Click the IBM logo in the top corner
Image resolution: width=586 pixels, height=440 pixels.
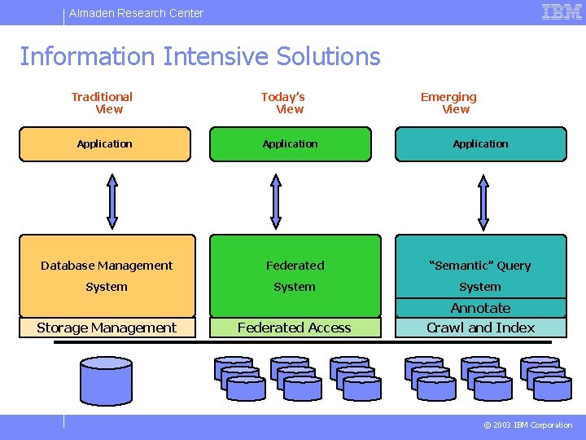click(562, 12)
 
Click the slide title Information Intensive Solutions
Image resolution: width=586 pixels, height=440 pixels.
click(199, 56)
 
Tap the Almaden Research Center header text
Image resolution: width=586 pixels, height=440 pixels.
click(136, 13)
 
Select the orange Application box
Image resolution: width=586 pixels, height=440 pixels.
click(105, 144)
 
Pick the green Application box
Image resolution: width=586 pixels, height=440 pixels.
click(291, 144)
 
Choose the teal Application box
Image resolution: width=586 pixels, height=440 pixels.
click(480, 144)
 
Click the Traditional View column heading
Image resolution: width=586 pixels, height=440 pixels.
click(103, 103)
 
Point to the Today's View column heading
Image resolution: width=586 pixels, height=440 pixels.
click(283, 103)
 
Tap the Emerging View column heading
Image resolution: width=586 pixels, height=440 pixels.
click(449, 103)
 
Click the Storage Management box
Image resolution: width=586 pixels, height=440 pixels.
click(107, 328)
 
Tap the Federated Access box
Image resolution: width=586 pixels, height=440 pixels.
click(295, 328)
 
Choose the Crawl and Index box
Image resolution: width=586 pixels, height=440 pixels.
click(481, 328)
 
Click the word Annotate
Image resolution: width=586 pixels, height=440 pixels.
click(481, 308)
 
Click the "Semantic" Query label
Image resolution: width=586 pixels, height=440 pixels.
click(480, 266)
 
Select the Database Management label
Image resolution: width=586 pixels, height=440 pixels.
click(107, 266)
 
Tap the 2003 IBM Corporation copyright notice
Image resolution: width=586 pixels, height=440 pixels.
click(528, 425)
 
